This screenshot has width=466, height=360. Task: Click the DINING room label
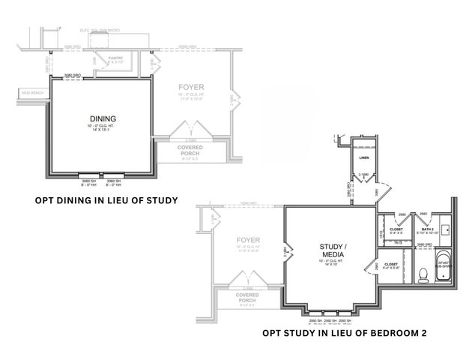pos(103,118)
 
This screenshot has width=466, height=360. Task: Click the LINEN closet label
pos(364,158)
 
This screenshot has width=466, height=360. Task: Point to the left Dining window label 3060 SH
pos(90,181)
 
